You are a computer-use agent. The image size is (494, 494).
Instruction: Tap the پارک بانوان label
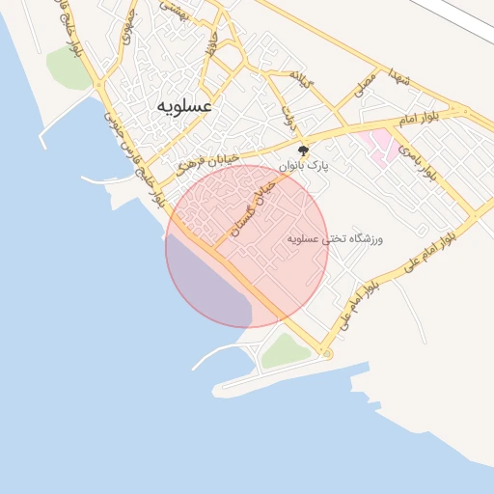point(304,166)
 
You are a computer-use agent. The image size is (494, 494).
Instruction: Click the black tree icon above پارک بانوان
point(304,151)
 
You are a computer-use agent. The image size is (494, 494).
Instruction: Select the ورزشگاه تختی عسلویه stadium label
point(335,236)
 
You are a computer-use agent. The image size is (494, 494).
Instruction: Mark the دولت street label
point(287,117)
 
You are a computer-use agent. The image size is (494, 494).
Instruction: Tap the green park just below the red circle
point(287,351)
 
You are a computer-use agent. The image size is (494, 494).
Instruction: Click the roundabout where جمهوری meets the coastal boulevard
point(100,85)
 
